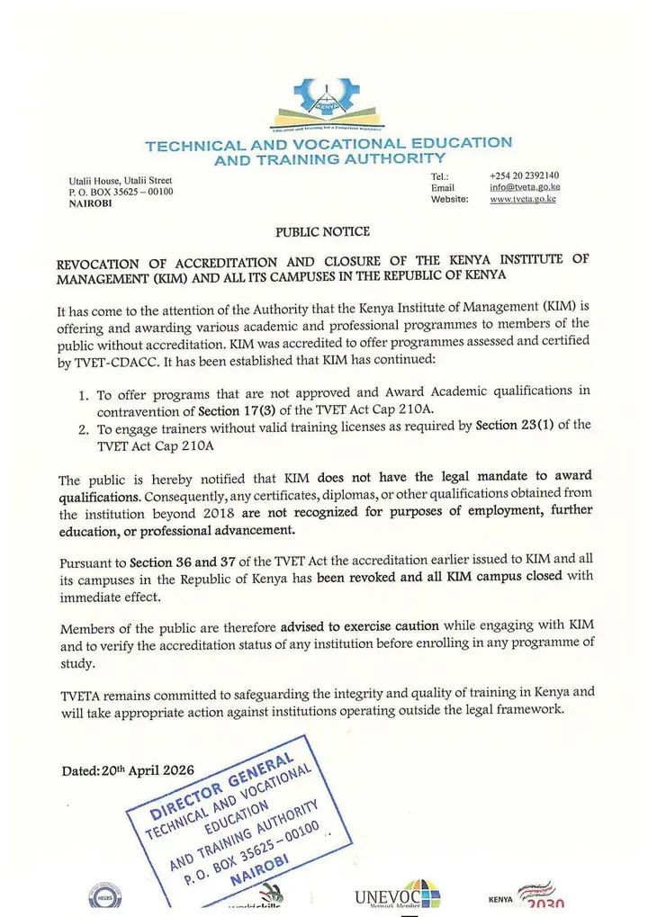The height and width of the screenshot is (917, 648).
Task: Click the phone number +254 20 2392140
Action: pyautogui.click(x=525, y=175)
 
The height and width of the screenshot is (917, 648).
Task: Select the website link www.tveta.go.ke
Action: pyautogui.click(x=523, y=199)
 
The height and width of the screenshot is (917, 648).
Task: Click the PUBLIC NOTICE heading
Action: pyautogui.click(x=322, y=232)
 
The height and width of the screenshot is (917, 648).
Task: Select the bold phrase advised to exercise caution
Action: pyautogui.click(x=360, y=625)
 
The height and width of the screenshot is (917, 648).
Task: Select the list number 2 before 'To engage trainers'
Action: pyautogui.click(x=83, y=427)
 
